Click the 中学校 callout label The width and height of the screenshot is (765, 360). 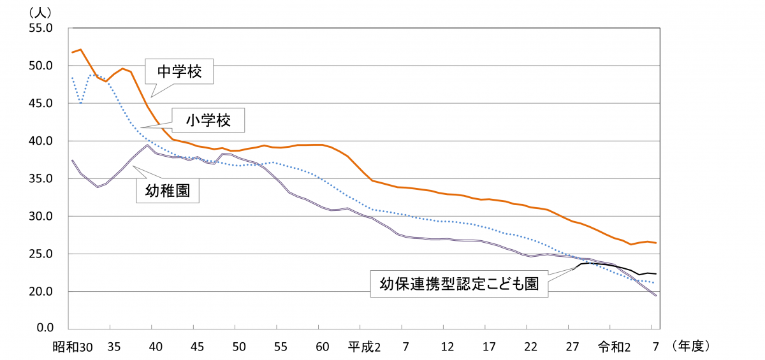click(179, 73)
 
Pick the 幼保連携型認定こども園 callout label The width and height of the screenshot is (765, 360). click(460, 284)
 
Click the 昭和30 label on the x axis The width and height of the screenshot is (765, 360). click(73, 347)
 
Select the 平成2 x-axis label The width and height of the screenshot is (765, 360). click(364, 347)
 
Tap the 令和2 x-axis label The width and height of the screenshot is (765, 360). click(614, 347)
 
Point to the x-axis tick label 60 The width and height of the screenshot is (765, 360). click(323, 347)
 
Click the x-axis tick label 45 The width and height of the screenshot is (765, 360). click(198, 347)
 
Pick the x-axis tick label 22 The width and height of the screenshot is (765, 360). click(530, 347)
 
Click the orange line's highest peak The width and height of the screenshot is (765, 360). click(80, 49)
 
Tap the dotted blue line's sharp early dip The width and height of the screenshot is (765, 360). click(80, 103)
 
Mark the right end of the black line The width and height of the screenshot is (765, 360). click(656, 274)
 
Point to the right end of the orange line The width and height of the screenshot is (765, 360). click(656, 243)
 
